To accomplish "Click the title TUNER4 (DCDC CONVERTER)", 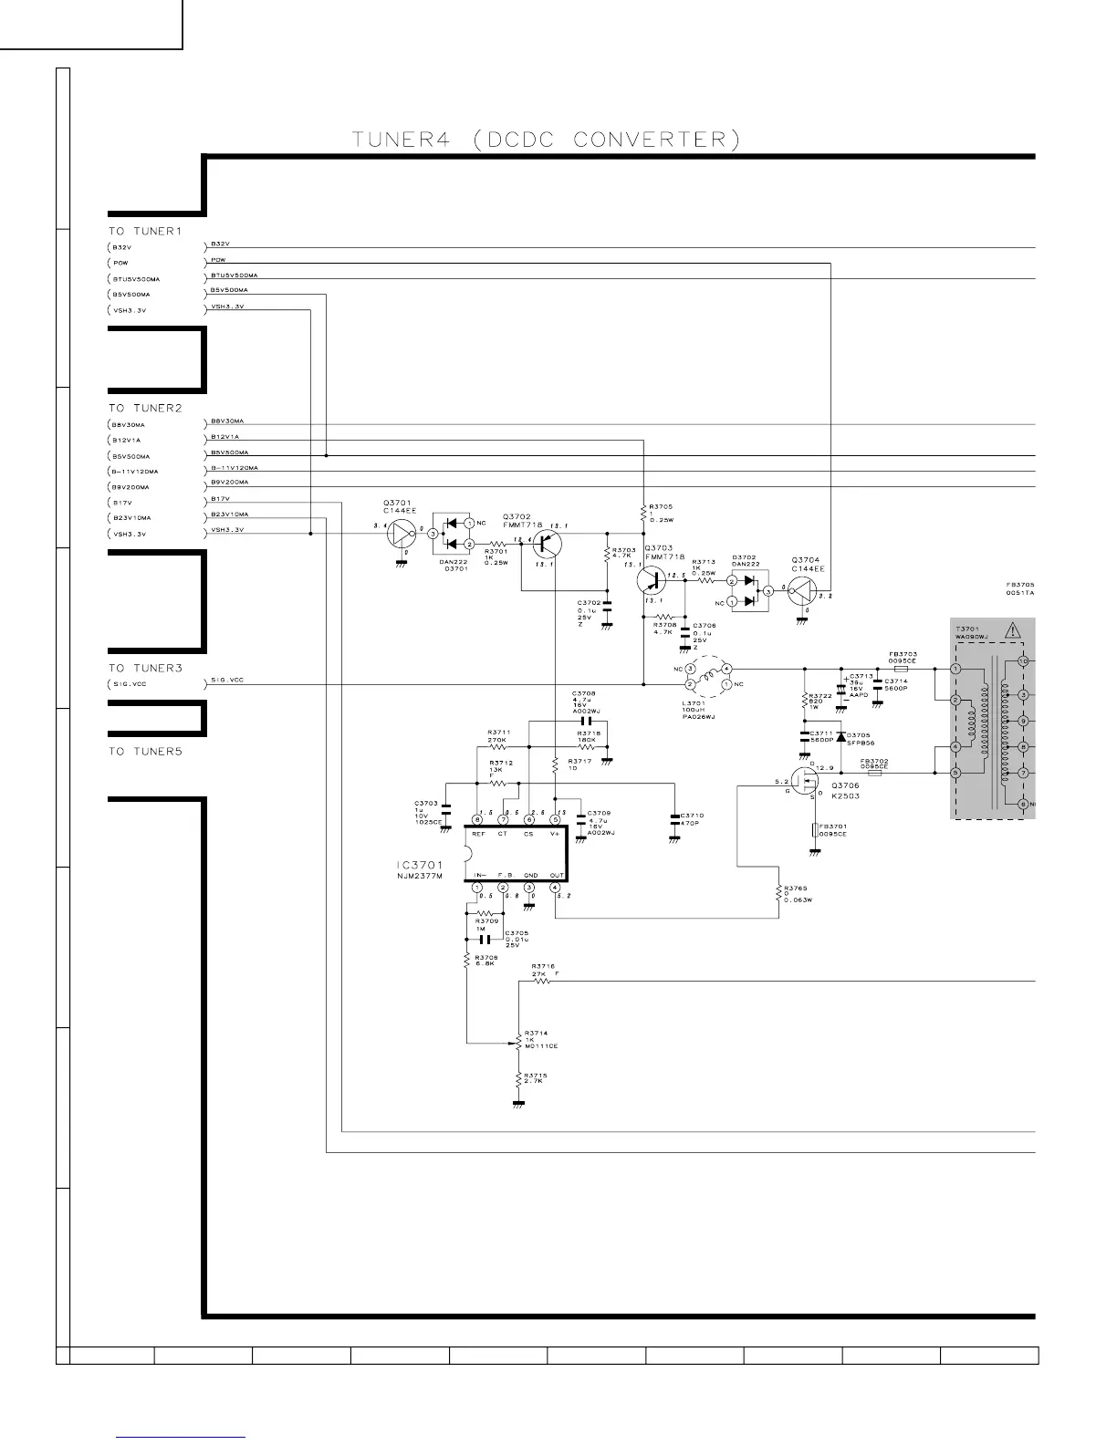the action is coord(546,140).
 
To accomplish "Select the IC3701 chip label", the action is coord(419,865).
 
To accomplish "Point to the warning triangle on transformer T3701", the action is coord(1012,630).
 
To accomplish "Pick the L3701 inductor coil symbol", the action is coord(708,676).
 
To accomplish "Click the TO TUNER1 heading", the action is coord(145,231).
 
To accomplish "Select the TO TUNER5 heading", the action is coord(145,752).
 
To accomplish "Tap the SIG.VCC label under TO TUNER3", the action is coord(129,684).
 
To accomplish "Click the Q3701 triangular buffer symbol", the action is coord(402,535).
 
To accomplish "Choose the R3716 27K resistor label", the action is coord(544,970).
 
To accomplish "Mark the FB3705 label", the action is coord(1019,588).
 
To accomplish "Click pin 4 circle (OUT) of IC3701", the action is coord(555,888).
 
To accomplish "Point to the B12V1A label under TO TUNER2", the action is coord(126,441).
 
